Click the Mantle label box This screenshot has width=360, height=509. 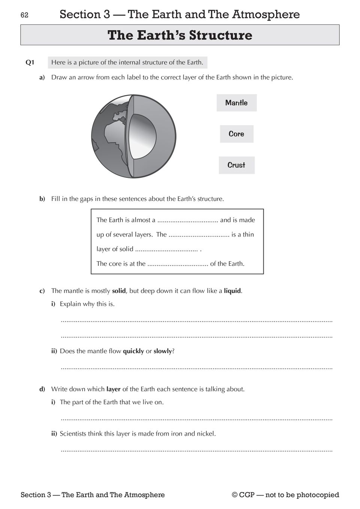tap(236, 103)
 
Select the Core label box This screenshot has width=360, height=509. tap(236, 134)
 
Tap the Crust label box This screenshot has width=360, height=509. tap(236, 165)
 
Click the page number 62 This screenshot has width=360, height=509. tap(24, 15)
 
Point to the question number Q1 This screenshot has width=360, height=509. tap(30, 63)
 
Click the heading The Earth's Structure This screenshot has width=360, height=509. tap(180, 35)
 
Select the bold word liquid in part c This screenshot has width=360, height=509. tap(232, 291)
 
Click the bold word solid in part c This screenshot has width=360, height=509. tap(119, 291)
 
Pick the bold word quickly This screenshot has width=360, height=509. tap(133, 351)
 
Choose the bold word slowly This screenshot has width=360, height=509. tap(163, 351)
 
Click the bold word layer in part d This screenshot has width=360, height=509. tap(113, 389)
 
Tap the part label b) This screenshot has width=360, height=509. tap(42, 199)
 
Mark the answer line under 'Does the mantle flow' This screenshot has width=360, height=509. tap(196, 368)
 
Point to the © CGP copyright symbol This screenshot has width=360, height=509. tap(235, 495)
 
